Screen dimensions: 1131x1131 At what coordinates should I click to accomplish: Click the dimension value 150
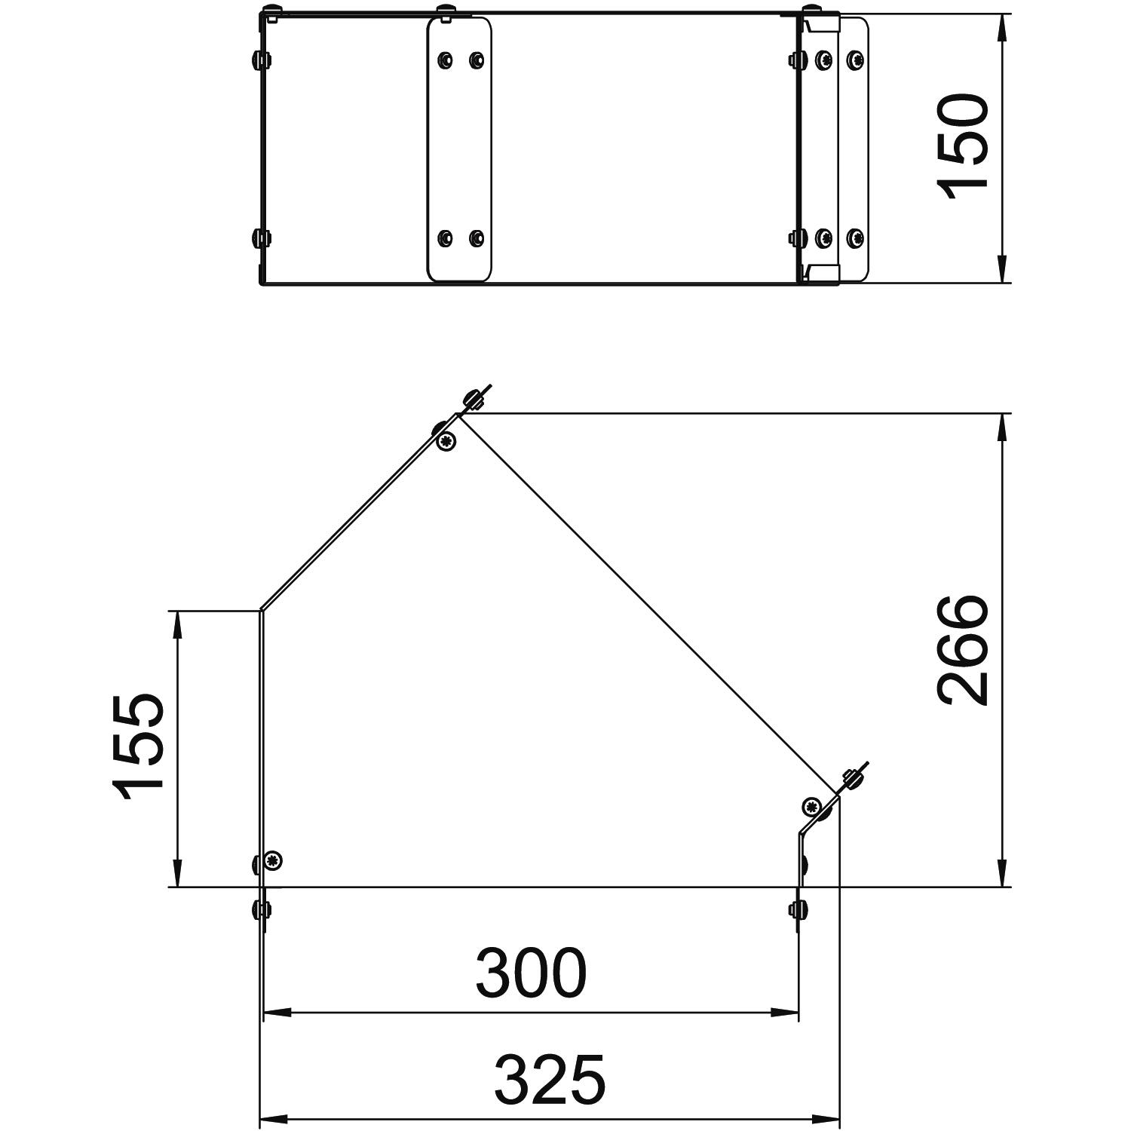[962, 148]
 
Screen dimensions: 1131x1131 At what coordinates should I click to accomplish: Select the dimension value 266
[962, 651]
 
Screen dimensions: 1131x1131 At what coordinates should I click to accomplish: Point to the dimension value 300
[531, 973]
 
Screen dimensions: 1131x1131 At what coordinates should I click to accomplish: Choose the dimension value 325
[550, 1080]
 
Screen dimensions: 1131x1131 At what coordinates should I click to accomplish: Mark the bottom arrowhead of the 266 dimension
[1001, 871]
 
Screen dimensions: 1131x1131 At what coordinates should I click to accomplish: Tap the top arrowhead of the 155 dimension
[177, 627]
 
